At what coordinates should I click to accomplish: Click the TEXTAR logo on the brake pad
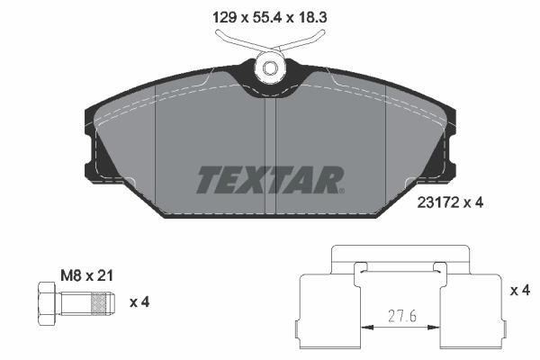click(x=268, y=179)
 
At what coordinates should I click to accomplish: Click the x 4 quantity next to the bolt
click(x=139, y=301)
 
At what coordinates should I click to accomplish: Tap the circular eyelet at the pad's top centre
click(x=269, y=67)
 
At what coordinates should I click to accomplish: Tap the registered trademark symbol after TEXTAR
click(x=341, y=190)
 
